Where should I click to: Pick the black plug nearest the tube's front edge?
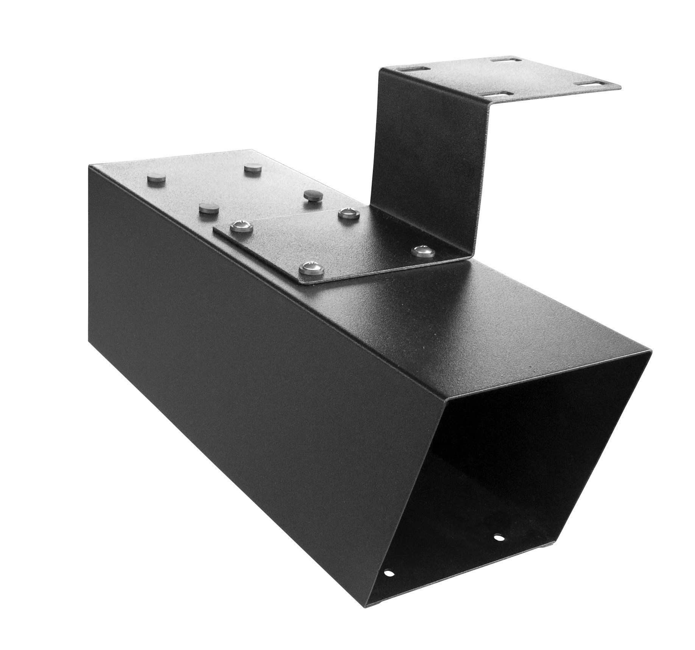pos(208,208)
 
